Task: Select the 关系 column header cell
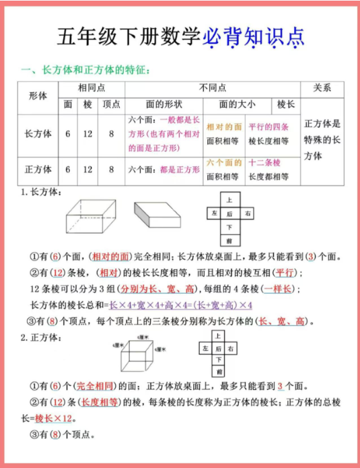pos(322,88)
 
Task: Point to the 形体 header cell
pos(38,96)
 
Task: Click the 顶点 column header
pos(111,104)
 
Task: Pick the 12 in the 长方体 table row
pos(88,134)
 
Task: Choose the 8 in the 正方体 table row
pos(111,170)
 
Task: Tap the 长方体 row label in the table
pos(38,134)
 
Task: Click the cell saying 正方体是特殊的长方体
pos(322,140)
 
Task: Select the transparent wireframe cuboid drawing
pos(92,215)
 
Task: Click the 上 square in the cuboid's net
pos(229,200)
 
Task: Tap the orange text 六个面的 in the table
pos(223,163)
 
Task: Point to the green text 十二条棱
pos(264,163)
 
